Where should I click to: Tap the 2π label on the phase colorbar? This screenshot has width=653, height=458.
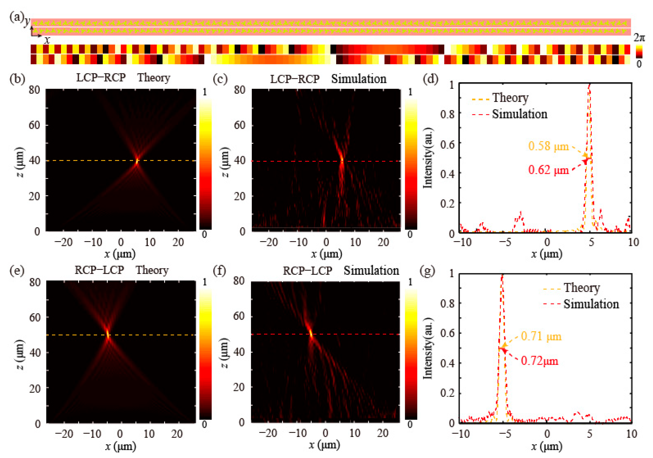coord(639,38)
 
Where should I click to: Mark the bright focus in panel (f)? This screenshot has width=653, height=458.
coord(311,333)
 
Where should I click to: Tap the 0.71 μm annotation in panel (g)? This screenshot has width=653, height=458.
coord(541,337)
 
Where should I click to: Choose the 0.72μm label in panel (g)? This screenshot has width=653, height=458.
coord(539,361)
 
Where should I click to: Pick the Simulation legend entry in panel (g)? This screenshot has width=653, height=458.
coord(591,304)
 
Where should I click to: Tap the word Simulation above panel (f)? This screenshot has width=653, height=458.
coord(371,270)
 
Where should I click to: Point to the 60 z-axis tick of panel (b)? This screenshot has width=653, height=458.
coord(34,125)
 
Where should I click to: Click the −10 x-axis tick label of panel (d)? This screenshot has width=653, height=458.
coord(462,242)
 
